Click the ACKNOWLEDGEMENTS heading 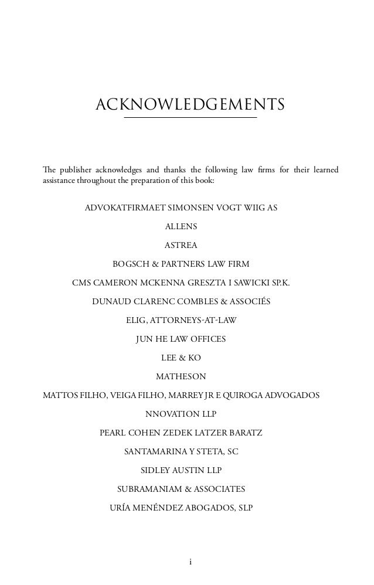(x=190, y=104)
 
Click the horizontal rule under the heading (x=190, y=118)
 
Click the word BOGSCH (x=131, y=264)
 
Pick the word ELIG (x=136, y=320)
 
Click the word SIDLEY (x=159, y=470)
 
